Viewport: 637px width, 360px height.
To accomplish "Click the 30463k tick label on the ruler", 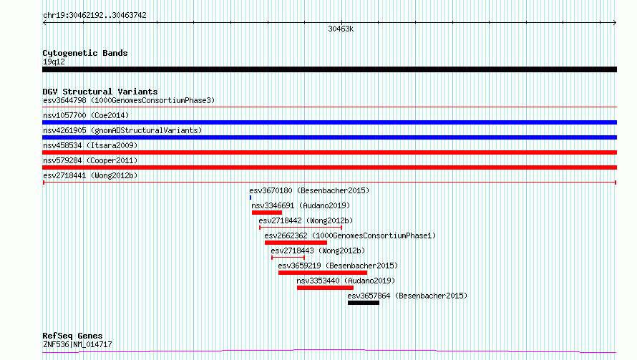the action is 341,29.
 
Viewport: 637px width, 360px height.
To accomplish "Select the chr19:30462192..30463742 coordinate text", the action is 94,15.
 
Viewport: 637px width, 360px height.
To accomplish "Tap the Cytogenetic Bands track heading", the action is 85,53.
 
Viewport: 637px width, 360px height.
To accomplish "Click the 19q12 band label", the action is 54,62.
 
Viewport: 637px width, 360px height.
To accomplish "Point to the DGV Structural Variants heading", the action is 100,92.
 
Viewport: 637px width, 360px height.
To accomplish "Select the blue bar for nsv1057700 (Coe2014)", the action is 329,122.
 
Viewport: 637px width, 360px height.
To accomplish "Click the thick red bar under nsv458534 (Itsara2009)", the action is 329,152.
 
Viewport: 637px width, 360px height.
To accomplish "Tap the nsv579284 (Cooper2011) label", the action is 90,160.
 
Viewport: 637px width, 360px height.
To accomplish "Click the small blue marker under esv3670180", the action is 251,198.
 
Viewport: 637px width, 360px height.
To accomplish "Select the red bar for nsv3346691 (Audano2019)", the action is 267,213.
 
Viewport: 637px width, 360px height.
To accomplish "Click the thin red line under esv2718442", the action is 301,228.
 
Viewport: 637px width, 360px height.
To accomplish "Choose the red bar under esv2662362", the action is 296,243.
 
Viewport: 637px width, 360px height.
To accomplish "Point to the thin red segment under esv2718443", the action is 288,258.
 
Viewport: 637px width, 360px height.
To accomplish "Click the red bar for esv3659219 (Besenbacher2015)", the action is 323,273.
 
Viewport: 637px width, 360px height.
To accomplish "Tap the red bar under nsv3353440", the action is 325,288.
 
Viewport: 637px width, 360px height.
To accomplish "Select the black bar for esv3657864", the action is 364,303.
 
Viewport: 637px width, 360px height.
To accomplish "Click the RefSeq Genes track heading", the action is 73,336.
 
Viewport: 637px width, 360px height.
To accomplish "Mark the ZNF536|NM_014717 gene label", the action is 77,344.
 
